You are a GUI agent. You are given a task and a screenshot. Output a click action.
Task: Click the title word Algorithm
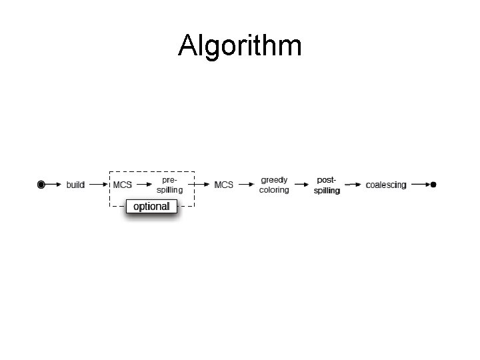point(240,46)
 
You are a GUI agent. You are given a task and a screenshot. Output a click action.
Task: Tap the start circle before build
point(41,184)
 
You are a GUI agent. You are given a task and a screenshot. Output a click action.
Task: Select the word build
point(75,185)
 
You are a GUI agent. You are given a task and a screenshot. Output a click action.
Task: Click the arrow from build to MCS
point(97,184)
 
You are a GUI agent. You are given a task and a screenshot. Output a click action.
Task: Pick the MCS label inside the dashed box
point(123,185)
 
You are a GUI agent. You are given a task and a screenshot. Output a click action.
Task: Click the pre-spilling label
point(170,185)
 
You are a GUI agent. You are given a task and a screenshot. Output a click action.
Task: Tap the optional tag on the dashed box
point(151,207)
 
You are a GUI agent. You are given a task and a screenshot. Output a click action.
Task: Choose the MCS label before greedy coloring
point(224,185)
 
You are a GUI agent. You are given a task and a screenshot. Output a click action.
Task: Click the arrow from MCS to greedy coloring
point(246,185)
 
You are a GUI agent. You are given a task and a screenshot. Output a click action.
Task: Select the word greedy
point(274,180)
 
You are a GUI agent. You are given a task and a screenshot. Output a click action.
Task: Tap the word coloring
point(274,190)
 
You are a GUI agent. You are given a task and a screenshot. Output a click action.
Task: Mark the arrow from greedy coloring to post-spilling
point(300,185)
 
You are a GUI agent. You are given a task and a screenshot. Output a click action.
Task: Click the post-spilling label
point(327,185)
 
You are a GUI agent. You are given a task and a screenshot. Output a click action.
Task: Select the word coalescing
point(386,185)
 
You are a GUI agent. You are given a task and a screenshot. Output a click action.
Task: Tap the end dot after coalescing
point(434,184)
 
